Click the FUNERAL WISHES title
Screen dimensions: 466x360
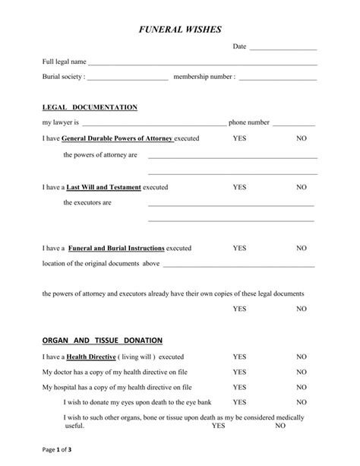[x=180, y=29]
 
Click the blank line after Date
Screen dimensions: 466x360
[x=283, y=49]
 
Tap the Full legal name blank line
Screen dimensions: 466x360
[x=202, y=63]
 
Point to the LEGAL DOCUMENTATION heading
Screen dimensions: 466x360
[x=90, y=107]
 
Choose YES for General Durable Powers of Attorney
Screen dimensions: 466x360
[x=239, y=139]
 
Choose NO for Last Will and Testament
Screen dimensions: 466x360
[x=302, y=186]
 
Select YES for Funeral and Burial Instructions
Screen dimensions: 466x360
[x=239, y=248]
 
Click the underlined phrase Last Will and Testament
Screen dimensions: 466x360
[x=104, y=186]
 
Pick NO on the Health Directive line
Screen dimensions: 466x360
[x=302, y=357]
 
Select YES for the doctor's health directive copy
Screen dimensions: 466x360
[x=239, y=372]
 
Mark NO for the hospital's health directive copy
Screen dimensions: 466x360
[x=302, y=387]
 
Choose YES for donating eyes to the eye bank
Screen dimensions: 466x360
[x=239, y=401]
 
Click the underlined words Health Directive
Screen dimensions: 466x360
[x=91, y=357]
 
